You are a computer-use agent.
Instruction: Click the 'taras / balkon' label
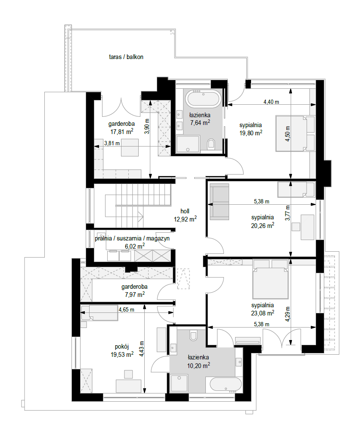[x=126, y=57]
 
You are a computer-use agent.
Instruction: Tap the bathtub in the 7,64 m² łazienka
[x=204, y=98]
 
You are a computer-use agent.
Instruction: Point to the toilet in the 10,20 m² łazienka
[x=193, y=335]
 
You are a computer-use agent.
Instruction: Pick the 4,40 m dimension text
[x=271, y=102]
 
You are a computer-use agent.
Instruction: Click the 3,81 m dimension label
[x=112, y=143]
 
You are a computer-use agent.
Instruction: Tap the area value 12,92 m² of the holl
[x=185, y=219]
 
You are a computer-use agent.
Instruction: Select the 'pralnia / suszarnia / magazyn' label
[x=132, y=239]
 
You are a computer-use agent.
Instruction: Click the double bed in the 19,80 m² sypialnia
[x=295, y=133]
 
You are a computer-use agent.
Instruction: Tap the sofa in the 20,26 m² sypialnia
[x=219, y=202]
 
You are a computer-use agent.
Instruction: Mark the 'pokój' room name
[x=122, y=347]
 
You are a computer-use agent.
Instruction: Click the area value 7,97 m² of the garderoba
[x=135, y=294]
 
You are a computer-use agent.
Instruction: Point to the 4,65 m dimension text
[x=127, y=309]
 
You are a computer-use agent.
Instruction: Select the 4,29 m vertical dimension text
[x=288, y=314]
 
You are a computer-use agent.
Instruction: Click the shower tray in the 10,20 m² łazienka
[x=179, y=384]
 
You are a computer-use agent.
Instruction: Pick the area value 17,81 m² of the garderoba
[x=122, y=131]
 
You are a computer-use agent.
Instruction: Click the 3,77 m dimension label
[x=288, y=213]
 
